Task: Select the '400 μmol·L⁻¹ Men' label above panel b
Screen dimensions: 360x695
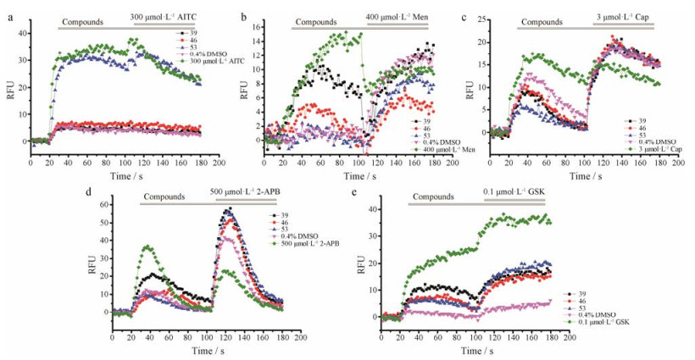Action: [398, 17]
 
